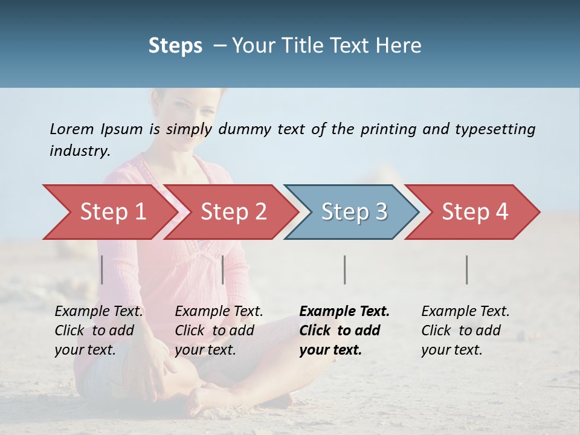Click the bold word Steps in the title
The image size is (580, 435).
(x=175, y=46)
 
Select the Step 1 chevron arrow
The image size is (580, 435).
(x=112, y=212)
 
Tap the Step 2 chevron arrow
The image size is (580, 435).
(x=233, y=212)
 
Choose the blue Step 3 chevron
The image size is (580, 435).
(x=354, y=212)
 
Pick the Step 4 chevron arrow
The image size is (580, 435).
(x=475, y=212)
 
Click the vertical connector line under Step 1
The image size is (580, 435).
(x=102, y=269)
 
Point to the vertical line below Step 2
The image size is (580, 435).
(x=223, y=269)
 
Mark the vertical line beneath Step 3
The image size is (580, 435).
(x=345, y=269)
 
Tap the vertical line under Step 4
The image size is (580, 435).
(x=467, y=269)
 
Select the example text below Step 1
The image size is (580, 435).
(x=98, y=330)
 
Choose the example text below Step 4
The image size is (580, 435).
(x=465, y=330)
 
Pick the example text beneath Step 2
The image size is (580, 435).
(x=219, y=330)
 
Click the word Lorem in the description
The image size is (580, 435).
(x=72, y=129)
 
